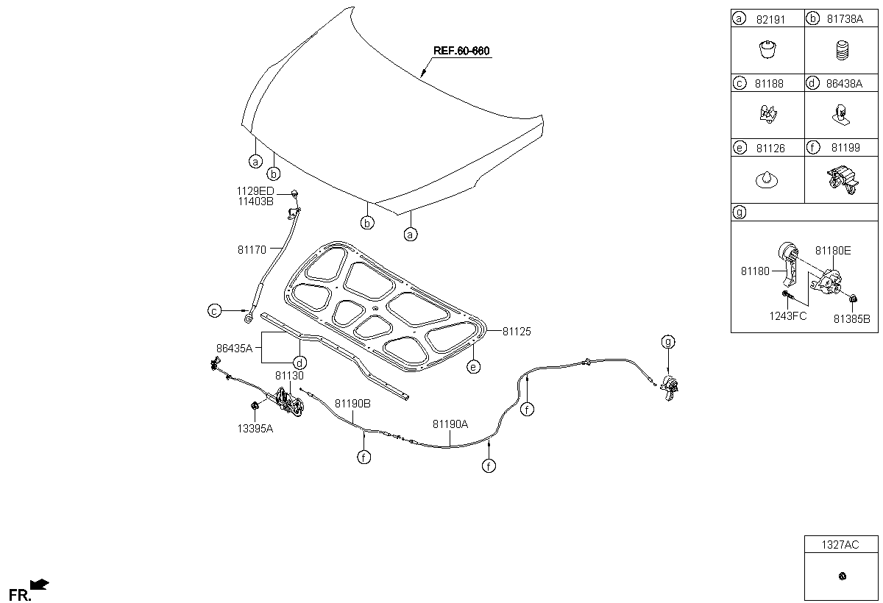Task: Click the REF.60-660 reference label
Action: click(x=461, y=51)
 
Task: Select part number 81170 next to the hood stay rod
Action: click(x=252, y=250)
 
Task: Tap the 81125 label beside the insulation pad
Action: click(x=517, y=332)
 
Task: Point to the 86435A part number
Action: click(x=234, y=348)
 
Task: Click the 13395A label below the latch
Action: click(x=255, y=429)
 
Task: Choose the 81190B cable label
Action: click(x=352, y=404)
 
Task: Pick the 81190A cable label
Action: click(x=450, y=424)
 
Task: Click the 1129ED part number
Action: click(x=255, y=191)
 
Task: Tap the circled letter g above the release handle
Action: click(x=668, y=341)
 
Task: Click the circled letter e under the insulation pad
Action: click(x=473, y=367)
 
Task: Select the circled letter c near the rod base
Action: click(x=214, y=311)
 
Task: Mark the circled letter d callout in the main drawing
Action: click(x=299, y=363)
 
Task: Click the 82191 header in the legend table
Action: click(x=770, y=19)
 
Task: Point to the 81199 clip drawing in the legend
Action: click(x=843, y=180)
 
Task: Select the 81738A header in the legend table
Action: click(x=845, y=19)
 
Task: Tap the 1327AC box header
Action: click(x=840, y=545)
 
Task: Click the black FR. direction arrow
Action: click(x=40, y=584)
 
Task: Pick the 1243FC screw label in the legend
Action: click(x=788, y=316)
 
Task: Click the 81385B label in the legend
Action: click(x=851, y=319)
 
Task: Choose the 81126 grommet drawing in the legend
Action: click(x=767, y=180)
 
